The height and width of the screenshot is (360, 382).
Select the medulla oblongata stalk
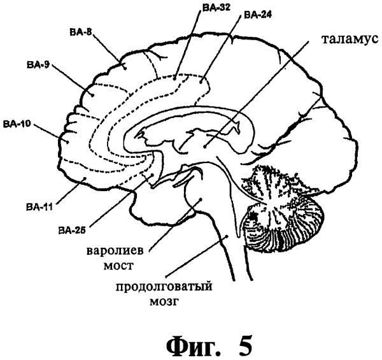(224, 248)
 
